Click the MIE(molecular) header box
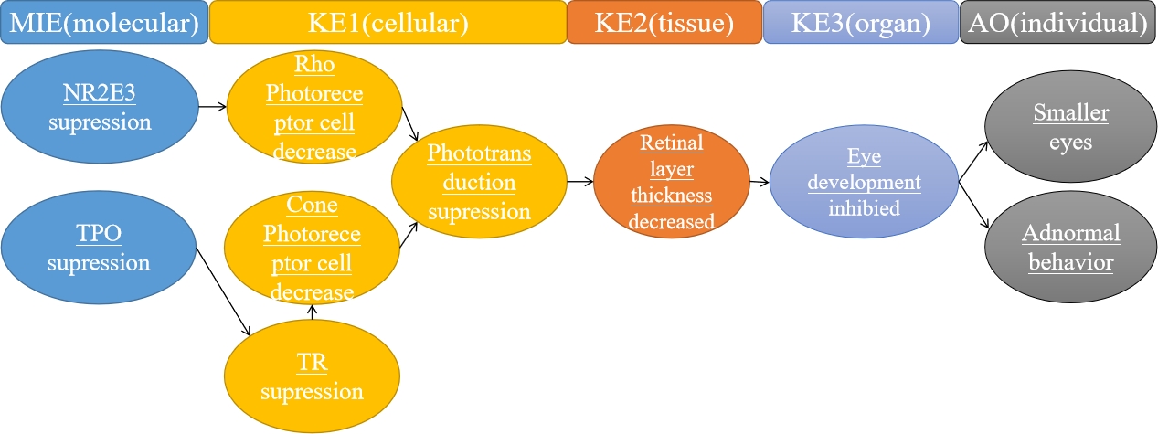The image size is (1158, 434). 103,22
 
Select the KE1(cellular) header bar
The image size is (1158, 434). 388,22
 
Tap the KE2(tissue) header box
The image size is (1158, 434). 664,22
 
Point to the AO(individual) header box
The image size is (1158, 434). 1057,22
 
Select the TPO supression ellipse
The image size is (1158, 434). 99,249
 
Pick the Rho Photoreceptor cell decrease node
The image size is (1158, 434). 313,108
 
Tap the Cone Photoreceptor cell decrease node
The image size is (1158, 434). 313,249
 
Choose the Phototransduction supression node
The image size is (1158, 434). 479,183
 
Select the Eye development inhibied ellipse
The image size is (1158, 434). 864,182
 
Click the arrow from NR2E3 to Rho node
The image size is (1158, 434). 213,107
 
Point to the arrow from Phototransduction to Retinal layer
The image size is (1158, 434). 579,182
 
